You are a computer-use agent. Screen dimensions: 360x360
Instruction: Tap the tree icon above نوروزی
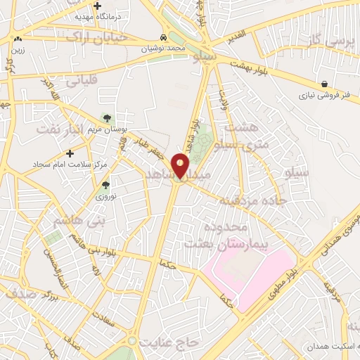105,186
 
